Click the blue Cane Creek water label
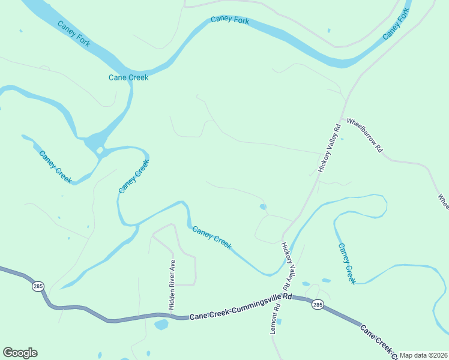coord(128,77)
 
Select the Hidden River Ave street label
coord(172,284)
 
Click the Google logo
coord(20,353)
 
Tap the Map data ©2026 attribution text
coord(423,355)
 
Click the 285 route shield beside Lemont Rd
coord(318,305)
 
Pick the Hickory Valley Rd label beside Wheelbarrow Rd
coord(329,149)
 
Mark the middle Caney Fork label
coord(230,20)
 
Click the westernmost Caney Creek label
coord(55,167)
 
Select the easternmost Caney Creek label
coord(347,263)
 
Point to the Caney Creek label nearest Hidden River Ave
coord(211,237)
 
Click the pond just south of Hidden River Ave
coord(161,325)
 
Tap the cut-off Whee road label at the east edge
coord(443,200)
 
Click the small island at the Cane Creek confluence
coord(100,149)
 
